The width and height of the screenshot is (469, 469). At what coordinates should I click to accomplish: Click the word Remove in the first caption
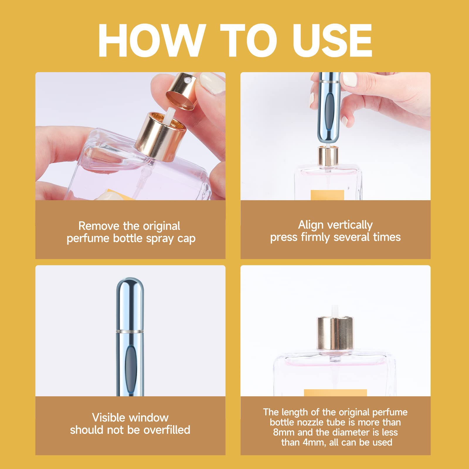pos(98,226)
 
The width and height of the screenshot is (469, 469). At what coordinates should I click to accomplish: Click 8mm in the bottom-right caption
pos(284,432)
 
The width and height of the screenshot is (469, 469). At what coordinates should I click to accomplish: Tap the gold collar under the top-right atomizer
pos(328,156)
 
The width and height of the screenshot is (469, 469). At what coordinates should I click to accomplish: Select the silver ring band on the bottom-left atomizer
pos(130,331)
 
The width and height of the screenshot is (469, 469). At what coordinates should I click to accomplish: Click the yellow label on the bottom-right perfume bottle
pos(335,393)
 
